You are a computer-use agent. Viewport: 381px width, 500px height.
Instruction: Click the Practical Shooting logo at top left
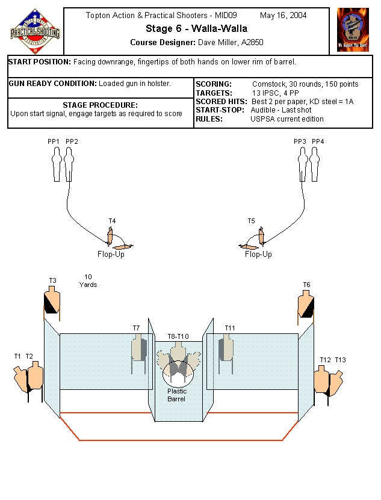(35, 31)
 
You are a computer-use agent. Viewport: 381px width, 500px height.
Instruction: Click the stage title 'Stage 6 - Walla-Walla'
(196, 29)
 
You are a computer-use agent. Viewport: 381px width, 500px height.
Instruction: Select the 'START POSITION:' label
(40, 62)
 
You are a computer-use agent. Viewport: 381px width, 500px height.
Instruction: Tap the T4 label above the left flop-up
(112, 221)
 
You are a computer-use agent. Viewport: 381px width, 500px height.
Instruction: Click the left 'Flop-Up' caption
(111, 254)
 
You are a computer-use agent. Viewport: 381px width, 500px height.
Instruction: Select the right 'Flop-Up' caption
(258, 254)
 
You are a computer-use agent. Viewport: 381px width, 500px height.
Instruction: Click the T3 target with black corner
(52, 301)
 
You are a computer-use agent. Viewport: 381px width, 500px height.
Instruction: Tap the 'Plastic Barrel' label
(177, 395)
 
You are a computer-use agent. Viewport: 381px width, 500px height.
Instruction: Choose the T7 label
(136, 328)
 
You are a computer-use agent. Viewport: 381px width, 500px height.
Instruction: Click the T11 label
(230, 328)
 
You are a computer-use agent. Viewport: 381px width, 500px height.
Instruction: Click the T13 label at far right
(341, 360)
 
